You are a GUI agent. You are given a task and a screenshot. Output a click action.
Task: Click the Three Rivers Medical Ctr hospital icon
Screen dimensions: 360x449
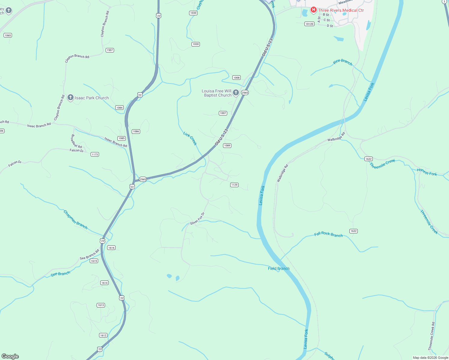pos(313,10)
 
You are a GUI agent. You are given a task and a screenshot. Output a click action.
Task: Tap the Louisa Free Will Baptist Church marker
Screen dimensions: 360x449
pos(236,92)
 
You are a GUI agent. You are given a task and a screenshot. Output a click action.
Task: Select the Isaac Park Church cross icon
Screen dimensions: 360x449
pos(71,97)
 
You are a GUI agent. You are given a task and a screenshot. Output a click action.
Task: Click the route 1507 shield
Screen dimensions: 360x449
pos(110,50)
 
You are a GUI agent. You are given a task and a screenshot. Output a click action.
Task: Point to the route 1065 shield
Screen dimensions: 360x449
pos(8,35)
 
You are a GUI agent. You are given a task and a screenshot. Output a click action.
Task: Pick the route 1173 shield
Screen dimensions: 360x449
pos(95,154)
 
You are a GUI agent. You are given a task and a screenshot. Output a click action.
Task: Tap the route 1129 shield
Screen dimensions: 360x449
pos(234,185)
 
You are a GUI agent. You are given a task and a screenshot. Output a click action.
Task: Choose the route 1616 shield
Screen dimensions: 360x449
pos(111,248)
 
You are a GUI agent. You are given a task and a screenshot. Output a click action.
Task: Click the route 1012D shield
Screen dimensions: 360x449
pos(309,24)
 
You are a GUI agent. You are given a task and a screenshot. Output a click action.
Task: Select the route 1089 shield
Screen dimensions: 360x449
pos(227,145)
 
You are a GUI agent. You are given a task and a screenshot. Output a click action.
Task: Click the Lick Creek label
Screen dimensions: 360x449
pos(190,139)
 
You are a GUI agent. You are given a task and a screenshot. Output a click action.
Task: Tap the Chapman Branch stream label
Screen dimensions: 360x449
pos(75,220)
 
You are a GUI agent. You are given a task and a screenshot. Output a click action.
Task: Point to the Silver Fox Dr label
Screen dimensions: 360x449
pos(197,219)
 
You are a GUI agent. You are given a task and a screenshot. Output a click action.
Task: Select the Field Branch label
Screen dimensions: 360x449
pos(279,268)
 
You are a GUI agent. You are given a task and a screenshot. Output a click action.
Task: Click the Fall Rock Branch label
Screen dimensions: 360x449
pos(328,234)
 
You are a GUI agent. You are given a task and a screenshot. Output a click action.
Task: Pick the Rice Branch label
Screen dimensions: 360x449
pos(342,62)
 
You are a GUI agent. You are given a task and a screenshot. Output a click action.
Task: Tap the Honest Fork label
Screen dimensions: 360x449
pos(427,172)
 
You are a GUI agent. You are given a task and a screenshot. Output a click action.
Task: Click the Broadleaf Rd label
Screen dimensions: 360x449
pos(76,141)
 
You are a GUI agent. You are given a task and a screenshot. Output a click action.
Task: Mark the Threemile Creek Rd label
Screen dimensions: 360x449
pos(431,336)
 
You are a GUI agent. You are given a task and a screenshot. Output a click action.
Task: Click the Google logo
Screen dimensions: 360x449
pos(10,356)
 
